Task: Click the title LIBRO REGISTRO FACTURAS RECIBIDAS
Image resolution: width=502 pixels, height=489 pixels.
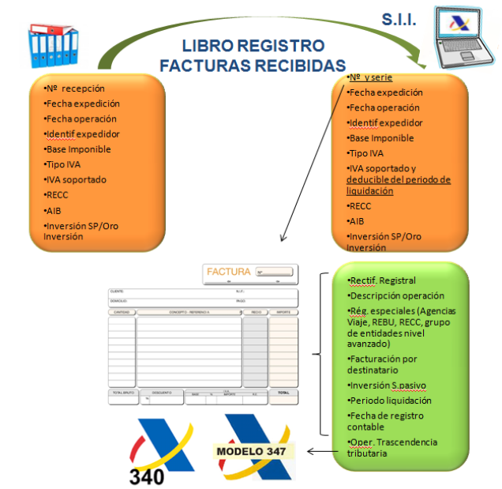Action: [253, 55]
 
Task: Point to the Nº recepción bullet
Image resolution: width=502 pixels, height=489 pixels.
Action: [75, 88]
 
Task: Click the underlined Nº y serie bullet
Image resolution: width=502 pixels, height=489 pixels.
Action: [370, 77]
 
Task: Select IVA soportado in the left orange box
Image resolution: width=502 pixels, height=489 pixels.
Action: [76, 179]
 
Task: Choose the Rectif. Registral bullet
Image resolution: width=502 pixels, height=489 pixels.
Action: [382, 280]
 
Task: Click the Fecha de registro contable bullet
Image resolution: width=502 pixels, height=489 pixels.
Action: [387, 421]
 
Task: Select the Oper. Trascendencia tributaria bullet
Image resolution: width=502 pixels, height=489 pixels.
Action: [392, 447]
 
